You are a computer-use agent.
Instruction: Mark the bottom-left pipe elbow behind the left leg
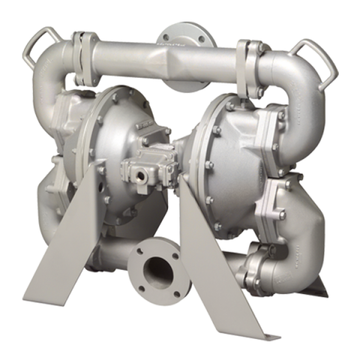point(52,210)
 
